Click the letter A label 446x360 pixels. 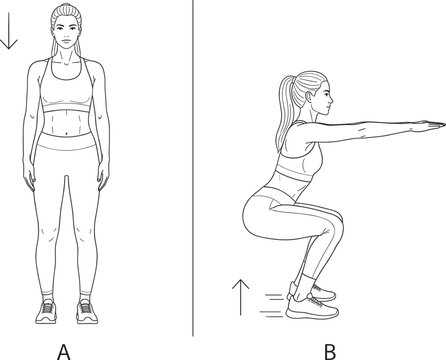(x=64, y=352)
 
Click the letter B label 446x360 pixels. (x=330, y=352)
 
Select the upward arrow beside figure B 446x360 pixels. (x=241, y=297)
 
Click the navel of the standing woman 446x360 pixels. (x=68, y=133)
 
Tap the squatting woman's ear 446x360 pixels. (x=308, y=97)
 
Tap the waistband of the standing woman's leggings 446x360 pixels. (x=66, y=141)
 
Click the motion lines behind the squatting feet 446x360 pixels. (x=272, y=305)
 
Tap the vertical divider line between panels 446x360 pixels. (x=193, y=168)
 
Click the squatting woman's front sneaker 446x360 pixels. (x=313, y=308)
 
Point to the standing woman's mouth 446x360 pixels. (x=67, y=41)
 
